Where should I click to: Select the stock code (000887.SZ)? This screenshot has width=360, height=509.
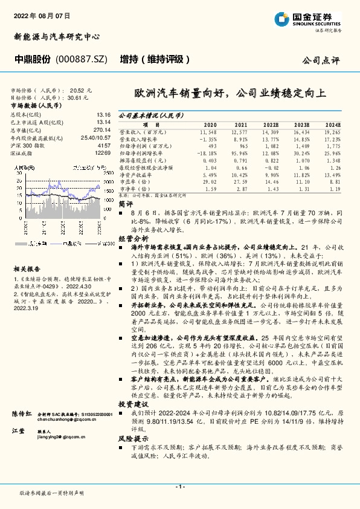pyautogui.click(x=81, y=60)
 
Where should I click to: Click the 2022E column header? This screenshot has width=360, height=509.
pyautogui.click(x=271, y=124)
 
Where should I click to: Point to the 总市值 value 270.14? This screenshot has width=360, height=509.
pyautogui.click(x=100, y=130)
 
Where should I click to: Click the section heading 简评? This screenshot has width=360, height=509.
pyautogui.click(x=125, y=204)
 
